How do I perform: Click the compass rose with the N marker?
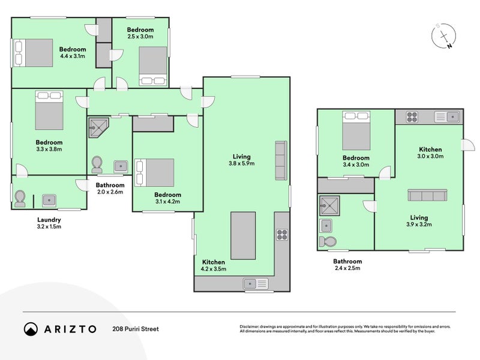(x=443, y=36)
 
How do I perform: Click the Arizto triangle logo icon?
(x=31, y=329)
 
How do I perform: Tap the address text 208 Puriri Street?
(x=136, y=329)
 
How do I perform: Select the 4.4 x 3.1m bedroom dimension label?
(x=73, y=56)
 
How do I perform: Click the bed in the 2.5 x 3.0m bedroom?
(x=153, y=66)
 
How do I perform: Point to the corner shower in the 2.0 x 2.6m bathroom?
(x=98, y=128)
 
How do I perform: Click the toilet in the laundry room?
(x=20, y=199)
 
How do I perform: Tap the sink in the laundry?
(x=49, y=200)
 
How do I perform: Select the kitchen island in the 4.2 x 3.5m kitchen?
(x=243, y=235)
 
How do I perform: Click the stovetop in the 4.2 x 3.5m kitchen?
(x=282, y=235)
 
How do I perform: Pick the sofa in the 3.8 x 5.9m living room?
(x=281, y=160)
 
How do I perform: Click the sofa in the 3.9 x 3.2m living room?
(x=427, y=195)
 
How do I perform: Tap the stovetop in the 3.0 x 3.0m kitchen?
(x=412, y=117)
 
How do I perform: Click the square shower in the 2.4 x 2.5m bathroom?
(x=329, y=206)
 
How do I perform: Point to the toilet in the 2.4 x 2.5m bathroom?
(x=328, y=242)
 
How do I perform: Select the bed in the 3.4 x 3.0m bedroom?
(x=356, y=131)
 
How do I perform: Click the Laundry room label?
(x=49, y=220)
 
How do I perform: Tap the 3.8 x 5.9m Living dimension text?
(x=242, y=163)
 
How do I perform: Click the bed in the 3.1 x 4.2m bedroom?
(x=155, y=172)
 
